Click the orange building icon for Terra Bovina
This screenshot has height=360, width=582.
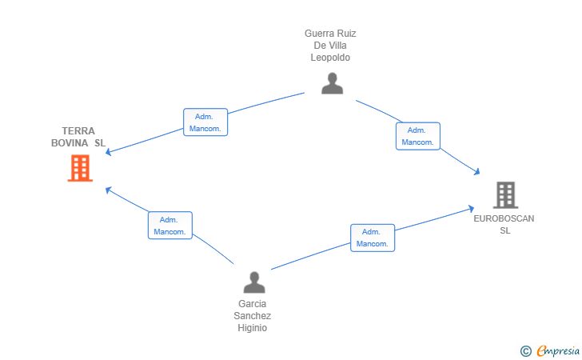(80, 168)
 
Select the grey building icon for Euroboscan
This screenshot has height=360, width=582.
(505, 195)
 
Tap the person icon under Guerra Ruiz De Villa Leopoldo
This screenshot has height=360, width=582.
(333, 83)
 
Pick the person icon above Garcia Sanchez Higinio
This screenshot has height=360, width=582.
(254, 282)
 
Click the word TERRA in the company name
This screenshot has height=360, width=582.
(78, 131)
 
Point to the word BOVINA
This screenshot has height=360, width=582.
(70, 143)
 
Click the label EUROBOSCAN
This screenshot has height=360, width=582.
(504, 218)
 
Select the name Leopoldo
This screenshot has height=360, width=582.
(330, 58)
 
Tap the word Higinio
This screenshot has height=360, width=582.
(253, 328)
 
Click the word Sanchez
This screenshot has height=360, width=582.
(253, 316)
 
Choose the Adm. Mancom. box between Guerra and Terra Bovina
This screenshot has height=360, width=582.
(205, 122)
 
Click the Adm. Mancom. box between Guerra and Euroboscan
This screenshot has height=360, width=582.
(418, 136)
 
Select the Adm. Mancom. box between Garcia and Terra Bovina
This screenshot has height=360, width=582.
(170, 225)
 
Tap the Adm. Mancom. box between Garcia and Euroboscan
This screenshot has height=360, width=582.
(373, 238)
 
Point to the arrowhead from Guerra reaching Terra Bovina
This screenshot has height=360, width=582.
(108, 151)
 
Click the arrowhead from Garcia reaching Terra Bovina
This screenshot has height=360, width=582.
(108, 190)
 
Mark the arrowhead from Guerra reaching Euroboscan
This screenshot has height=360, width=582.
(477, 172)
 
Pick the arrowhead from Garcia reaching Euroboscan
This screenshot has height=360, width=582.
(472, 209)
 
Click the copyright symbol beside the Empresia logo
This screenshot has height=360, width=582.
(525, 351)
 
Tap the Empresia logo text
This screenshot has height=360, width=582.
(558, 351)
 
